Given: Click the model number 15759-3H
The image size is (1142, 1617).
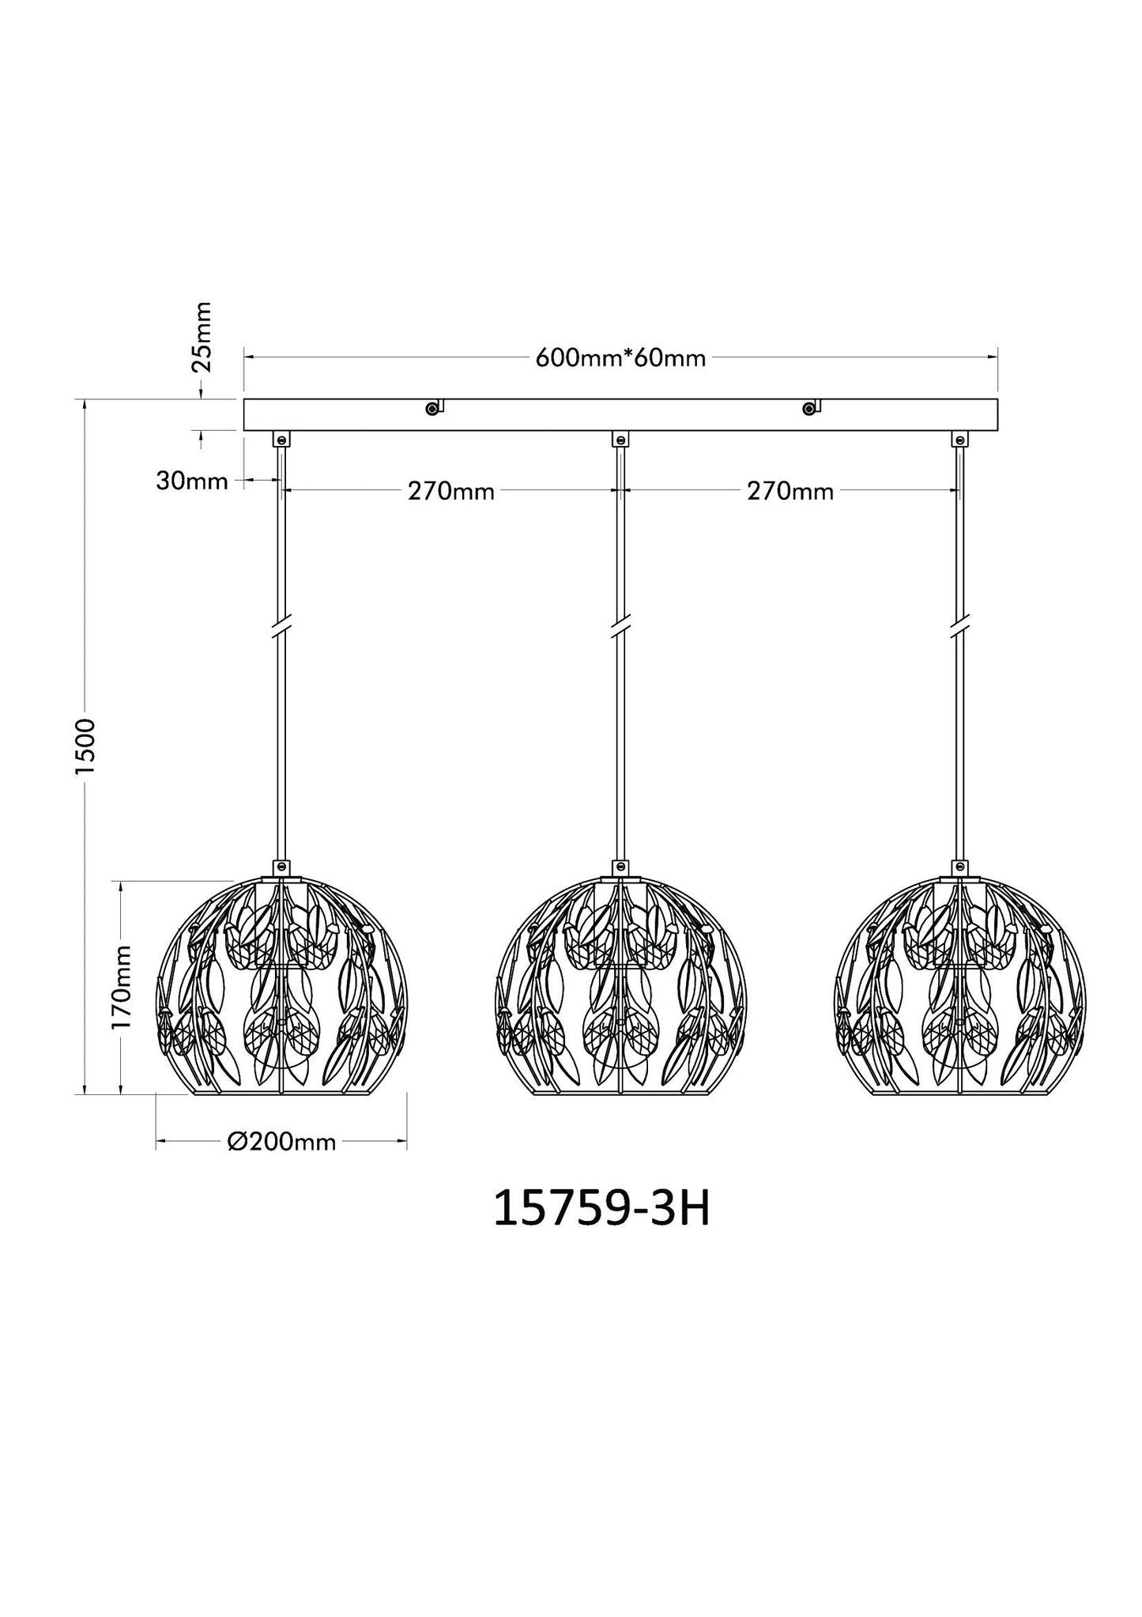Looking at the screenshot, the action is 601,1210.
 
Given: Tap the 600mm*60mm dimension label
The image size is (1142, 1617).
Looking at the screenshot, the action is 620,358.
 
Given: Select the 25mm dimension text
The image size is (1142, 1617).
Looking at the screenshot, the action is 203,336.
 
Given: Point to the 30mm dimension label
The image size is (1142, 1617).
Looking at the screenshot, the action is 192,480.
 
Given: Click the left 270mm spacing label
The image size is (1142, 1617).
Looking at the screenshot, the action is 451,492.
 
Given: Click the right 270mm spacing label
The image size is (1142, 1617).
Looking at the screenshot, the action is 790,492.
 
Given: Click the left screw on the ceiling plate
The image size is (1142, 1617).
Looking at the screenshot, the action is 432,408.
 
